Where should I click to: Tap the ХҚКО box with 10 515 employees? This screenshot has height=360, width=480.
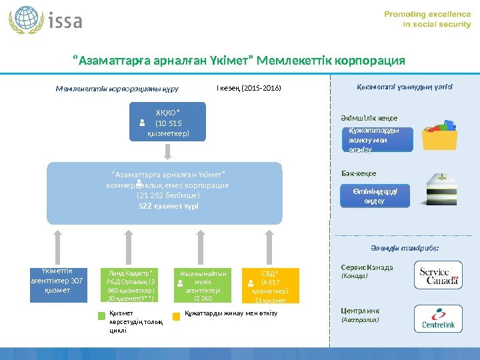pos(168,123)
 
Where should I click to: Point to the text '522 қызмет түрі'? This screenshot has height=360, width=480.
pos(167,207)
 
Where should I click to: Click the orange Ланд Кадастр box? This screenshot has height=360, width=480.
pos(130,285)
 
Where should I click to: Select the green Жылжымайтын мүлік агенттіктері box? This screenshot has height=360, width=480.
pos(203,285)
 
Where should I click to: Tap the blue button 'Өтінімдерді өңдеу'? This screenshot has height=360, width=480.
pos(373,197)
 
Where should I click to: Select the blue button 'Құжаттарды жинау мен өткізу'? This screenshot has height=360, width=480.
pos(371,140)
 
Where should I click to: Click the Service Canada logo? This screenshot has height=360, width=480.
pos(438,275)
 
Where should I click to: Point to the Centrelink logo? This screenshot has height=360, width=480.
pos(438,319)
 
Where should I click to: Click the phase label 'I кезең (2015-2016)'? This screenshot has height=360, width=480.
pos(249,87)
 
